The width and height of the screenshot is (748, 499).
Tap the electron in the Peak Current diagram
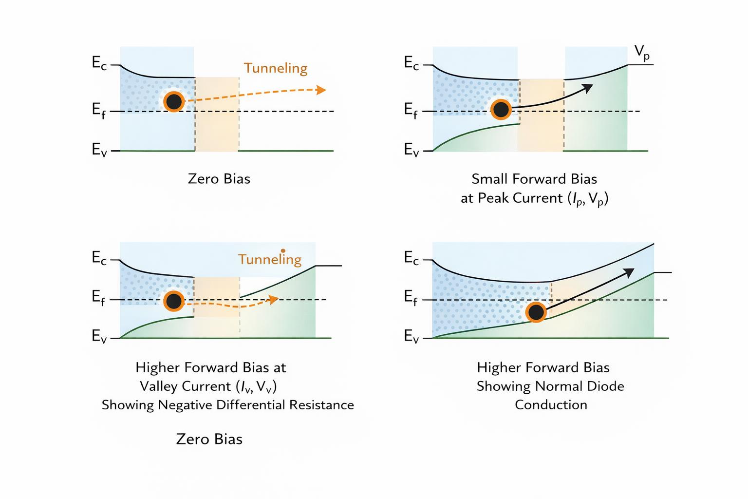(x=501, y=109)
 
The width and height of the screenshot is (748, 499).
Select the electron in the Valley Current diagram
(x=173, y=301)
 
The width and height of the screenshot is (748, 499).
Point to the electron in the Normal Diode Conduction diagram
(x=536, y=312)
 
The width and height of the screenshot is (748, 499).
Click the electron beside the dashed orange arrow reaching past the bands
(x=174, y=102)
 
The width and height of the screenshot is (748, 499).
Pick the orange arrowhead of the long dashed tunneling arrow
(x=320, y=90)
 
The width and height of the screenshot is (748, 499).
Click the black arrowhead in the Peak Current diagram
(x=588, y=88)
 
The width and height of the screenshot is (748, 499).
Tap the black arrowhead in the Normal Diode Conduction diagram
(x=629, y=272)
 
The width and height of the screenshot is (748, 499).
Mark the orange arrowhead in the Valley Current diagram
(x=274, y=299)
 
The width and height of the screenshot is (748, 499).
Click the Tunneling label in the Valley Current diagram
(x=270, y=259)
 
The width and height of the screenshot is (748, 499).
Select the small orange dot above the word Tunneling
(x=283, y=250)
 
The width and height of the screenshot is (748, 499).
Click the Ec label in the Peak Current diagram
(x=411, y=63)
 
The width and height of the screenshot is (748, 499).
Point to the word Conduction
(x=551, y=405)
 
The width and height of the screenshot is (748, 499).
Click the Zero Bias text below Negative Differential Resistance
(x=209, y=439)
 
